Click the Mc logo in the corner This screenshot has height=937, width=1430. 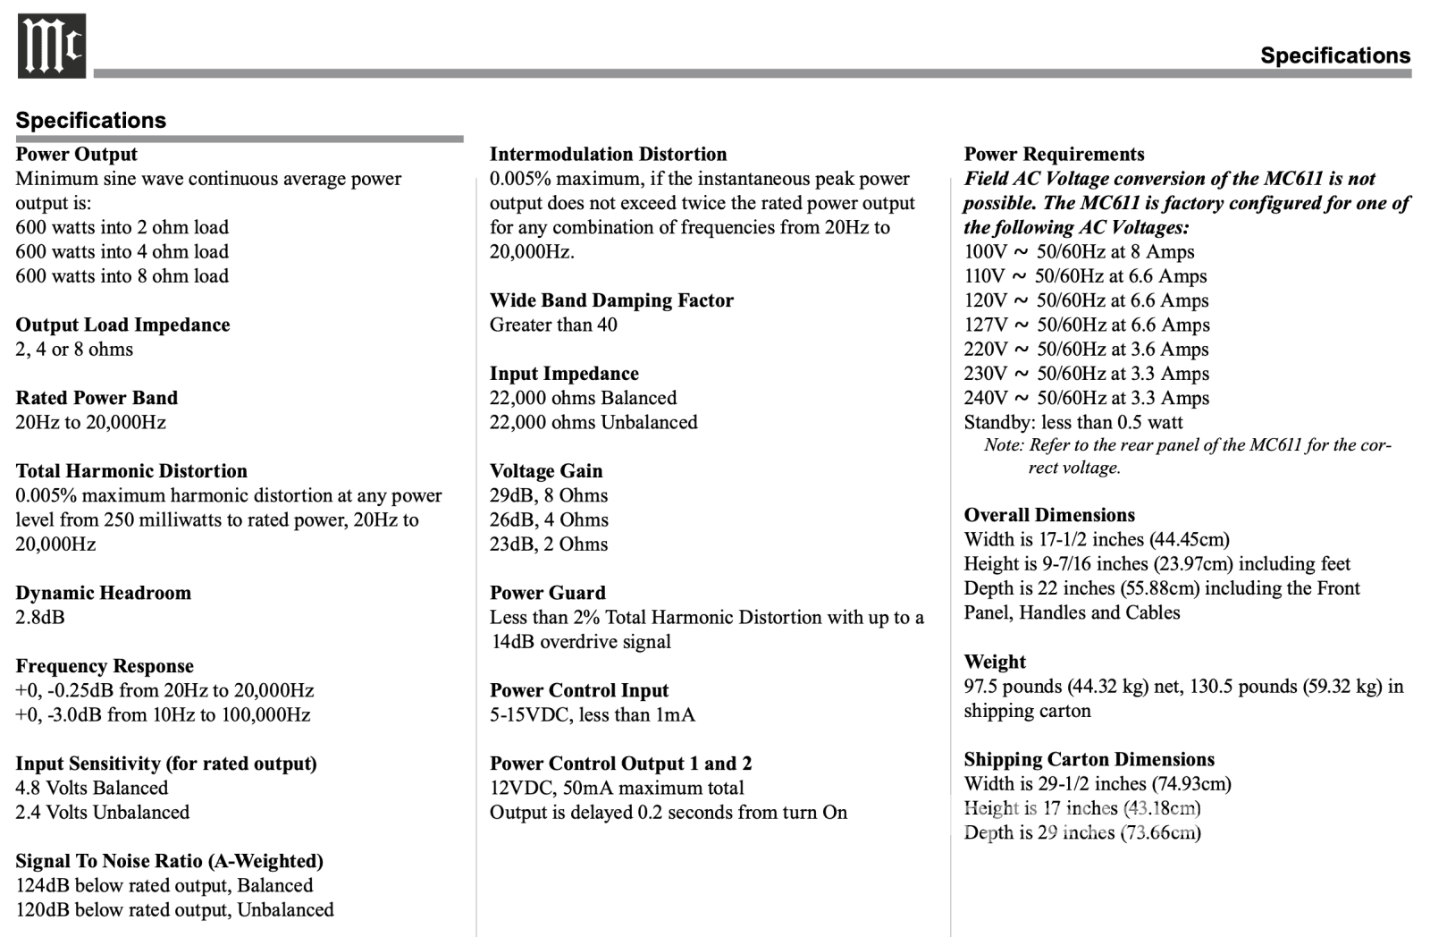[x=52, y=46]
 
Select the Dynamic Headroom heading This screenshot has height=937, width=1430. [x=103, y=593]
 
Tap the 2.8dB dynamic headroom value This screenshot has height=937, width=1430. [x=40, y=617]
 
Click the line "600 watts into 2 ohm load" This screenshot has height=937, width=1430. [x=122, y=227]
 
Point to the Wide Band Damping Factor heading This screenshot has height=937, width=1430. [x=611, y=300]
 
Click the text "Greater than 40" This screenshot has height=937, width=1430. [x=553, y=325]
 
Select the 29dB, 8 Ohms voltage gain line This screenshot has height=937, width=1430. [x=549, y=495]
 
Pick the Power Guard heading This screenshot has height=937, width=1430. [x=547, y=593]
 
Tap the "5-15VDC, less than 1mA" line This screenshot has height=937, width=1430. [x=592, y=714]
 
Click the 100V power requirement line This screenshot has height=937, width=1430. [x=1079, y=252]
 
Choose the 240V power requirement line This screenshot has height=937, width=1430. [x=1086, y=398]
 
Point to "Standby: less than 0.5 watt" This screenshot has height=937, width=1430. [x=1072, y=422]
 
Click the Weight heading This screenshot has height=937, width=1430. [x=995, y=662]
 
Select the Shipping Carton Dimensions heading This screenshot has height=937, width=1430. [x=1089, y=759]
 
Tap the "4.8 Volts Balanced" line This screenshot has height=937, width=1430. [x=91, y=788]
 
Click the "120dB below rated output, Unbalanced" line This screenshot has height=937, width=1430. [x=174, y=909]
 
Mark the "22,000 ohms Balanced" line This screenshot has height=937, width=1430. [x=583, y=398]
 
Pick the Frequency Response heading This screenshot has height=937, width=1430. [x=105, y=666]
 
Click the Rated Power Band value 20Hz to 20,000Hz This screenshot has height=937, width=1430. [x=90, y=422]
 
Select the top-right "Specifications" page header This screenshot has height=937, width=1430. [x=1334, y=55]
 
